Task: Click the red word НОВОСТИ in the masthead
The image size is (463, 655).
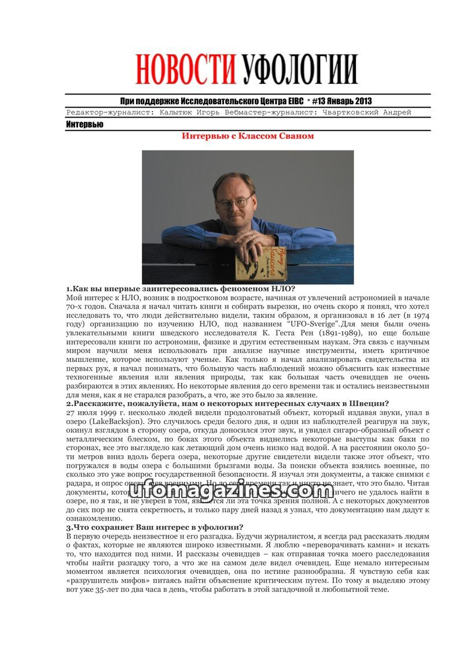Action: (187, 69)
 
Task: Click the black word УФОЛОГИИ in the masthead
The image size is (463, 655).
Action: (299, 69)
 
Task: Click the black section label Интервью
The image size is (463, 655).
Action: (84, 125)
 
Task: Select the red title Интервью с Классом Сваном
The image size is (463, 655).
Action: (248, 136)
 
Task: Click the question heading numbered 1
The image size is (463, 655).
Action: (181, 288)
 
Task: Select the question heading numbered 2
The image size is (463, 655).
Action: (227, 403)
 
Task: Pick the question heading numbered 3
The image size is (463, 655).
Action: (155, 527)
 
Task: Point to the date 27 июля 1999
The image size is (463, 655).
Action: (91, 412)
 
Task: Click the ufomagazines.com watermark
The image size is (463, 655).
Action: (231, 492)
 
